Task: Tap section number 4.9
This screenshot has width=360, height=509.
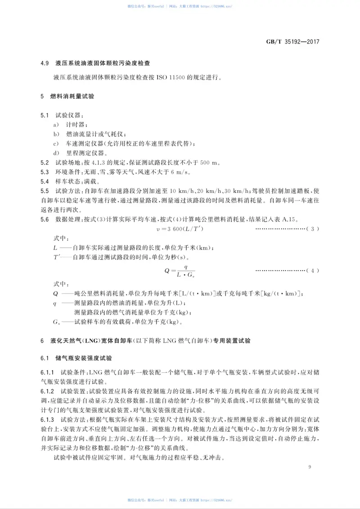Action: [44, 63]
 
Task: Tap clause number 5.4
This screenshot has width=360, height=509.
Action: [45, 182]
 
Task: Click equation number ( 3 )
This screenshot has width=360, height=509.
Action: [312, 229]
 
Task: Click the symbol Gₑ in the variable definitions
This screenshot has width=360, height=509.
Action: [56, 321]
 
